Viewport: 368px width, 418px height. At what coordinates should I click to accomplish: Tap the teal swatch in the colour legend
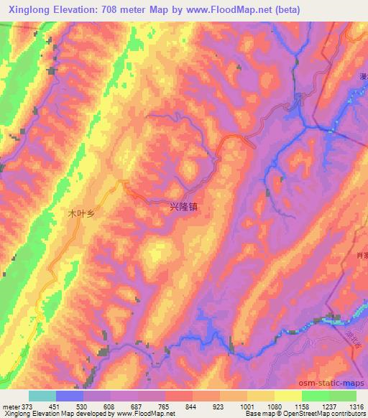(42, 396)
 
